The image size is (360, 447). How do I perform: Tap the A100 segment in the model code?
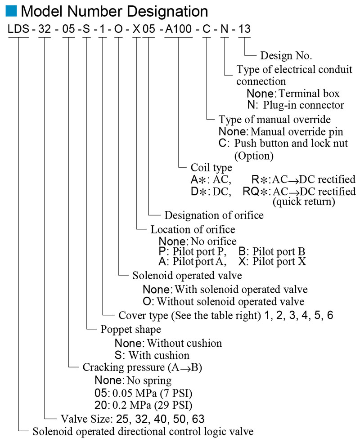pos(179,30)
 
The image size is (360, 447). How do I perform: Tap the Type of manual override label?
pos(274,120)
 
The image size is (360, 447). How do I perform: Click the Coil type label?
pos(211,168)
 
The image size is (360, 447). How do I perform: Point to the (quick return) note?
pos(304,202)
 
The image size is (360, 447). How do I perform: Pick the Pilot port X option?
pos(279,261)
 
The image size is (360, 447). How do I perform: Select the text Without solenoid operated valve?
pos(229,301)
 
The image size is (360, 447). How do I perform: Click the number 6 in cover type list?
pos(330,315)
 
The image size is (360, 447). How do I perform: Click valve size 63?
pos(198,419)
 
